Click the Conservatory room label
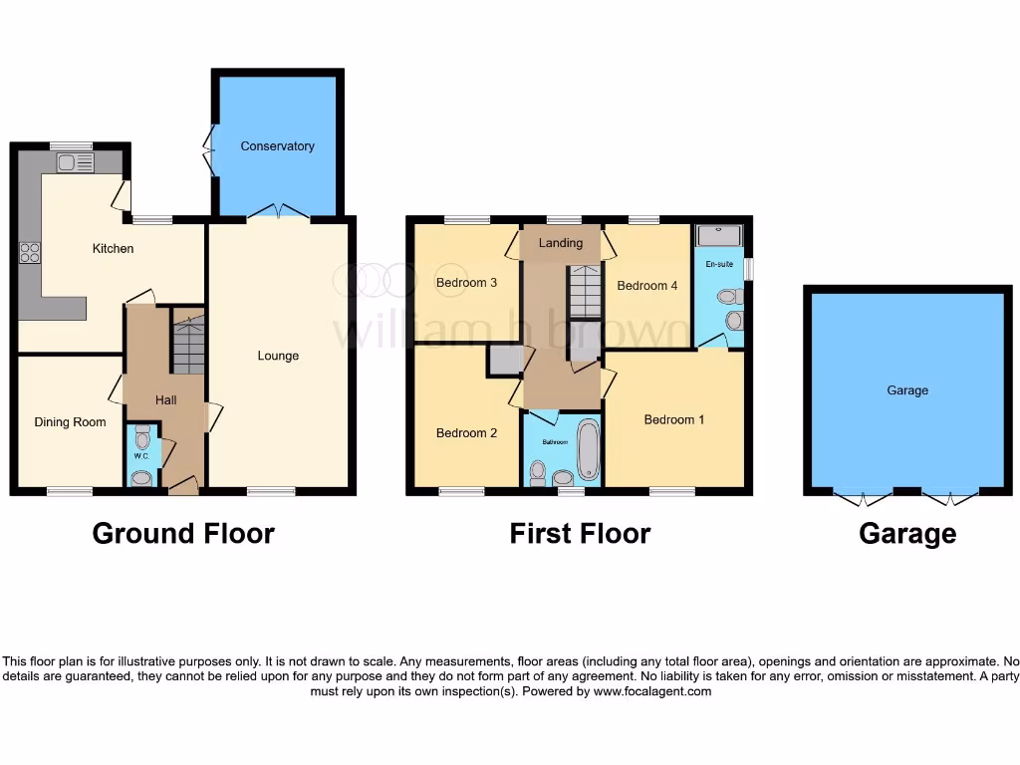pos(277,146)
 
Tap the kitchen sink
pos(75,161)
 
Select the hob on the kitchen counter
pos(29,253)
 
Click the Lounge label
pos(278,356)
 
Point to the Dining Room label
pos(70,422)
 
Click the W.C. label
pos(140,457)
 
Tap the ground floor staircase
pos(187,344)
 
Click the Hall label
pos(165,400)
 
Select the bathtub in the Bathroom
pos(588,450)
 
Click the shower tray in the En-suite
pos(718,235)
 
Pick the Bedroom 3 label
pos(466,283)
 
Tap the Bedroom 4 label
pos(647,286)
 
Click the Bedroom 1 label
pos(674,419)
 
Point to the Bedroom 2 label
pos(466,433)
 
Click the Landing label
pos(561,244)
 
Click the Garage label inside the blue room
pos(907,390)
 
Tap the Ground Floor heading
pos(183,534)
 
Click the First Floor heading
pos(580,534)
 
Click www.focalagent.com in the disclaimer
pos(652,691)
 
